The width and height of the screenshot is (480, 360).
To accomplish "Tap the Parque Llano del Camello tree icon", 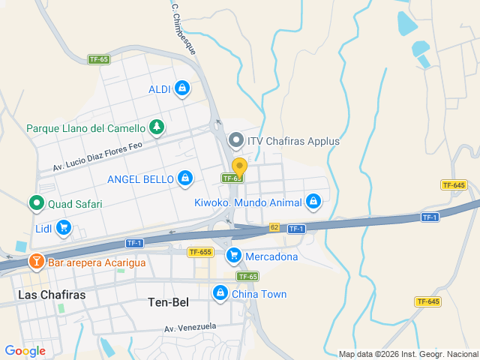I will click(156, 127).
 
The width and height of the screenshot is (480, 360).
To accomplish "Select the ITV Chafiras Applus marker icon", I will click(236, 140).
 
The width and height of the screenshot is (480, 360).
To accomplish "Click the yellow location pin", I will click(239, 168).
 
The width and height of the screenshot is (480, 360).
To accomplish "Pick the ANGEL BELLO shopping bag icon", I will click(185, 178).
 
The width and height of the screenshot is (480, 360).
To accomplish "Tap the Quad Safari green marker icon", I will click(35, 203).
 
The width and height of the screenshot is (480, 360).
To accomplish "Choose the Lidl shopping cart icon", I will click(64, 227).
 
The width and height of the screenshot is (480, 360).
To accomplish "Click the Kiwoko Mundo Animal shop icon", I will click(313, 202).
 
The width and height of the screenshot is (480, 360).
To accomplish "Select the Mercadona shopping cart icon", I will click(233, 256).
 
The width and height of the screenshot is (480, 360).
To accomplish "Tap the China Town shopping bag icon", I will click(220, 294).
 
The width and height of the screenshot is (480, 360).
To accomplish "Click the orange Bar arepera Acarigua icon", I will click(35, 262).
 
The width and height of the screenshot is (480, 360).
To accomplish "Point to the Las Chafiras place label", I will click(52, 295).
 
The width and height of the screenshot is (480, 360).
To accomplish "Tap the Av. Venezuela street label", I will click(190, 327).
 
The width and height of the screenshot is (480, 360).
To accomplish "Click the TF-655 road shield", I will click(200, 253).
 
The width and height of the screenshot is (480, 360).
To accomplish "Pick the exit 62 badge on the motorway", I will click(274, 227).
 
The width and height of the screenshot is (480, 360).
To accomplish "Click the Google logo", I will click(25, 350).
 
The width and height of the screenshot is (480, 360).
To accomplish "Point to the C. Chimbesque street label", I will click(184, 29).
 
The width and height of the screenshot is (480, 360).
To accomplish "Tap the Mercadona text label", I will click(271, 256).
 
